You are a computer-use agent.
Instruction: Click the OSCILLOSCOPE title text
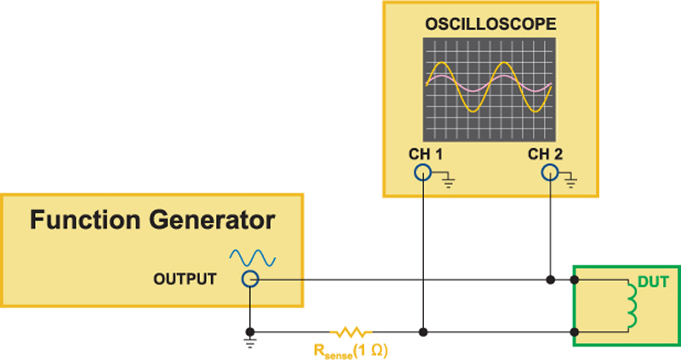click(490, 24)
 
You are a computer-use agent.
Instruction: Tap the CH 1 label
click(426, 154)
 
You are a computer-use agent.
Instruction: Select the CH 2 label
click(545, 154)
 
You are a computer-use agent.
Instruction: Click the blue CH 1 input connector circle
click(422, 173)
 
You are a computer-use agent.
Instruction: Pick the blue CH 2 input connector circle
click(550, 173)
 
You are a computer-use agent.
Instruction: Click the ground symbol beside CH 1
click(449, 182)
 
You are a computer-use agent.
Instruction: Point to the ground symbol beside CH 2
click(570, 182)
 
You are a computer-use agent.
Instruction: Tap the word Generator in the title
click(212, 220)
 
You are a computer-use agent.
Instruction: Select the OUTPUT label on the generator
click(185, 279)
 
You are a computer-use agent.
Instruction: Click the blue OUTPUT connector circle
click(250, 279)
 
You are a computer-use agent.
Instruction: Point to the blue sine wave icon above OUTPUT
click(252, 258)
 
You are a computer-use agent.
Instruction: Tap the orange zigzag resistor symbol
click(351, 333)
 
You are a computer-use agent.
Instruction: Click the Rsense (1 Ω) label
click(351, 351)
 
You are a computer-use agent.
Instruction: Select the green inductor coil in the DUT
click(632, 306)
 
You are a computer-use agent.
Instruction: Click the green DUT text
click(653, 283)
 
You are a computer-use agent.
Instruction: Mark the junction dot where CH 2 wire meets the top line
click(550, 280)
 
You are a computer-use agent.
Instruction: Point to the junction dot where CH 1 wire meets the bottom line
click(423, 332)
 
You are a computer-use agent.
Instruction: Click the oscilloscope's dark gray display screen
click(489, 89)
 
